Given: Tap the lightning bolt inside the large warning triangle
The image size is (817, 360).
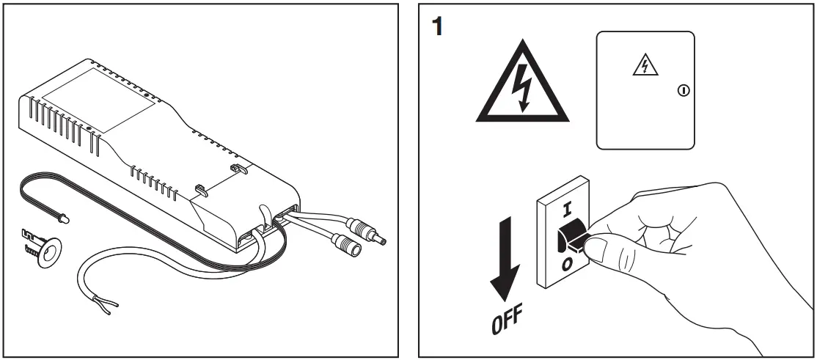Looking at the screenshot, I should click(521, 87).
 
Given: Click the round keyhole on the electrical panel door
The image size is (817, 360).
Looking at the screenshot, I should click(684, 92).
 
